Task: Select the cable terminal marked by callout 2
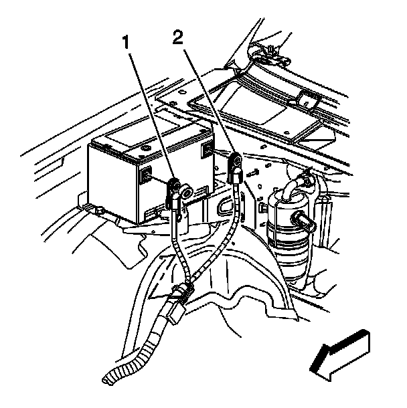pyautogui.click(x=236, y=163)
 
